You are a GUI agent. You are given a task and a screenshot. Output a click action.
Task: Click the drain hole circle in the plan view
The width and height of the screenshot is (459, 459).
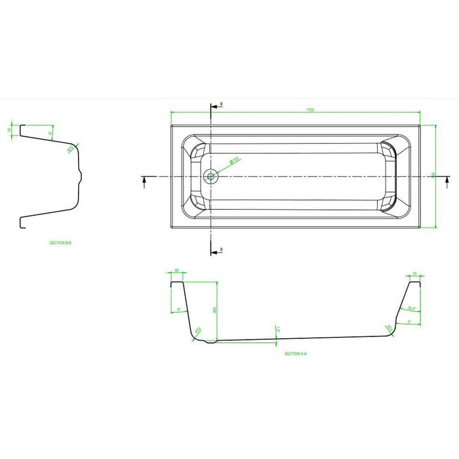(x=210, y=176)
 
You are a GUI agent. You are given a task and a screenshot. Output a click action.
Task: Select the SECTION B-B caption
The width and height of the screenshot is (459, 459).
(x=60, y=243)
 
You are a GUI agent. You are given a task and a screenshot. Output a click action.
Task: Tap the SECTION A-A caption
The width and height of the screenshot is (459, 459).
(x=296, y=353)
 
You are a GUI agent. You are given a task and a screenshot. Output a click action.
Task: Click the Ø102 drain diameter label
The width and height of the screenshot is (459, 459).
(x=233, y=161)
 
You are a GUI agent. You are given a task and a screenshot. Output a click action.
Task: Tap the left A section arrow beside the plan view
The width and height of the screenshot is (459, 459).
(x=144, y=180)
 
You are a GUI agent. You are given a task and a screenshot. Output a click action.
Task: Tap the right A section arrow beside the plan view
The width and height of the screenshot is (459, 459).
(x=447, y=180)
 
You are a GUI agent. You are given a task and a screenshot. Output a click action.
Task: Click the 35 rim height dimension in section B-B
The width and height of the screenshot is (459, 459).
(x=10, y=130)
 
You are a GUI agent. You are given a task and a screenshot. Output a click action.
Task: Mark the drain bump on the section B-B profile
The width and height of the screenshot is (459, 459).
(x=81, y=175)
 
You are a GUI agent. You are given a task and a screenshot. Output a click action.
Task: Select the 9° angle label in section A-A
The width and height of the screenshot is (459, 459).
(x=178, y=310)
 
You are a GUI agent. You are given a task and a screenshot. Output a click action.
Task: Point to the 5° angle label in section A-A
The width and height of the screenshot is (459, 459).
(x=409, y=322)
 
